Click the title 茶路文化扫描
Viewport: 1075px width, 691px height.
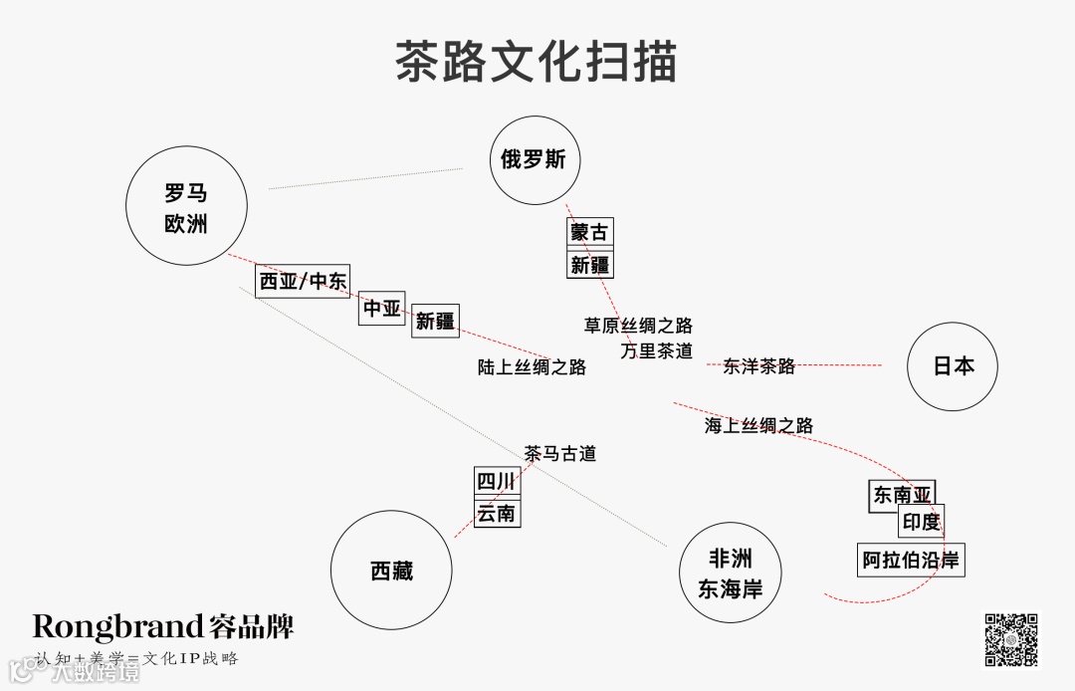[x=536, y=62]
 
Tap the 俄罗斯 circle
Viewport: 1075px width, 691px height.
[x=534, y=159]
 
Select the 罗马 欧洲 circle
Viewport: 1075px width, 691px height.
[x=186, y=208]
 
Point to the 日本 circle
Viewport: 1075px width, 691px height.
[x=953, y=365]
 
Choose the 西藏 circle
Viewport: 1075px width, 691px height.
[x=391, y=571]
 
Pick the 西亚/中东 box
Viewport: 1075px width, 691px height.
[x=303, y=282]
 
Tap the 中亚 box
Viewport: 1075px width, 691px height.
[x=381, y=310]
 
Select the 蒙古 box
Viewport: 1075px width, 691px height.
[x=588, y=233]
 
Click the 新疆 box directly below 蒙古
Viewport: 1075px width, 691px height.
[x=589, y=265]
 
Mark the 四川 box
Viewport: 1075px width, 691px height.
[x=496, y=482]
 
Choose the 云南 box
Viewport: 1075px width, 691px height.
[x=496, y=514]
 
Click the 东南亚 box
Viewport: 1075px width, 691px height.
[x=902, y=495]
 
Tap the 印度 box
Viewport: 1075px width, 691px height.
[x=921, y=522]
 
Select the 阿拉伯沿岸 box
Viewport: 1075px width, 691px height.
[x=910, y=561]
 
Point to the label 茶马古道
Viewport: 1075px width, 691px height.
[x=560, y=453]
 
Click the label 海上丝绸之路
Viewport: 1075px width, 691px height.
[x=758, y=425]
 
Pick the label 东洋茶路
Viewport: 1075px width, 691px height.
[x=758, y=365]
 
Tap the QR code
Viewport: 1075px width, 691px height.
[x=1011, y=638]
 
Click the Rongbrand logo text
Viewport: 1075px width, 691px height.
[x=163, y=626]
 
